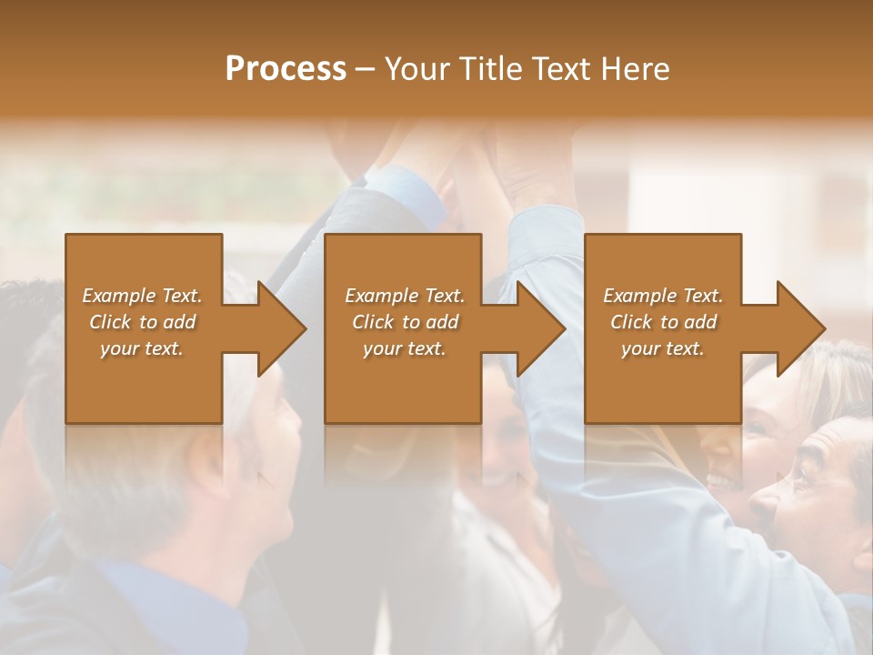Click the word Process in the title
coord(286,69)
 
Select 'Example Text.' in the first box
coord(142,296)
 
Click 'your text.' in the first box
coord(142,348)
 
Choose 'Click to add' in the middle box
coord(405,322)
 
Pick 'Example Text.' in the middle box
coord(405,296)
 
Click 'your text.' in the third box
coord(663,348)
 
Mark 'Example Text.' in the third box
coord(663,296)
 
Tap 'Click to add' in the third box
coord(663,322)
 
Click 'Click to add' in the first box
coord(142,322)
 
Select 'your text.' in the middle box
coord(405,348)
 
